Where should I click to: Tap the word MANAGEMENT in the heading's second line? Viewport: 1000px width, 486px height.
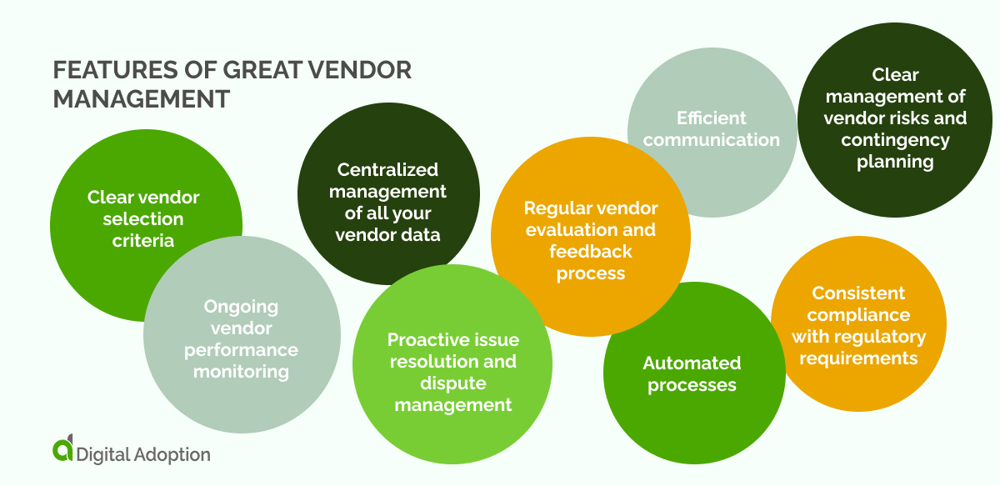pos(141,99)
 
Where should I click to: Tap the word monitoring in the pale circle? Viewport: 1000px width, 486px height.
pos(241,371)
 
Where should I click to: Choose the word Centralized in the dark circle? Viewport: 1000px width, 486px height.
pos(387,170)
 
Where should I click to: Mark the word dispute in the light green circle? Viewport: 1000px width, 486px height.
pos(452,383)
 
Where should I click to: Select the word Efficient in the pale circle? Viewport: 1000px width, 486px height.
pos(711,118)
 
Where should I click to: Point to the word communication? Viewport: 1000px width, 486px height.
pos(711,140)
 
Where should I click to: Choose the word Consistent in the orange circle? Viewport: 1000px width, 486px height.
pos(858,293)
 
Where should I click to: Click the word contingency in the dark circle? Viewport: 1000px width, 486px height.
pos(895,140)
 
